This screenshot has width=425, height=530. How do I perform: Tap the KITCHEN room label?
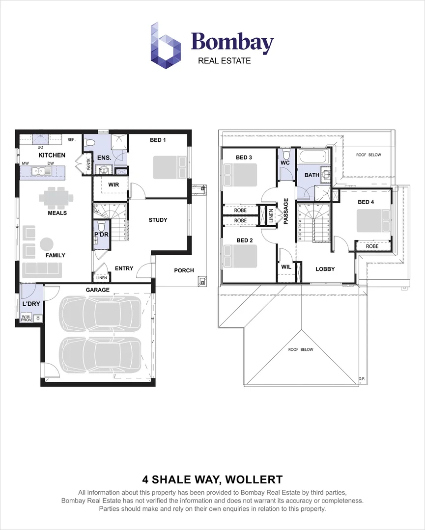[52, 155]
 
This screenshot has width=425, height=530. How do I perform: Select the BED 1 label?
[158, 140]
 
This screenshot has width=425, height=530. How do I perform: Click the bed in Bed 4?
[373, 221]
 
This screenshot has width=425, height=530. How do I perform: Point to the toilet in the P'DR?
[101, 227]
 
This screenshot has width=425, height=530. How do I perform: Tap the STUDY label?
[158, 220]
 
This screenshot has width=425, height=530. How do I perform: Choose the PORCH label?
[184, 270]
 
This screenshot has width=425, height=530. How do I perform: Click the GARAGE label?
[98, 290]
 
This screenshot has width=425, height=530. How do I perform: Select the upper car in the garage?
[99, 314]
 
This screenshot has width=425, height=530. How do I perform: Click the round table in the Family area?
[47, 244]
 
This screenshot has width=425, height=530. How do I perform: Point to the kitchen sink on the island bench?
[37, 172]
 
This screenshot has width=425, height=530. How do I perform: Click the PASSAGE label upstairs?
[285, 212]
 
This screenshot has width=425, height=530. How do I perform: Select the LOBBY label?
[325, 269]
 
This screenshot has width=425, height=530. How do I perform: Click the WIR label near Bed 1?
[114, 185]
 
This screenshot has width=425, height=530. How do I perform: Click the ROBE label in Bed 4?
[372, 246]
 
